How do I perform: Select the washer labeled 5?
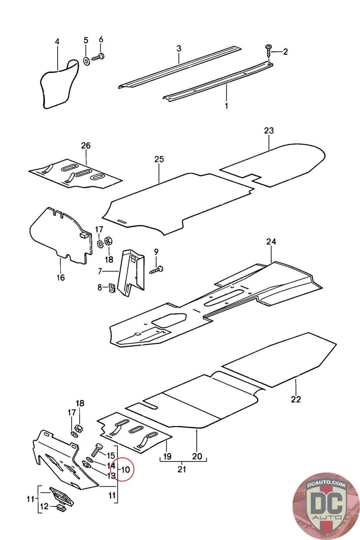(x=86, y=61)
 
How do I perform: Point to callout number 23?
(x=269, y=130)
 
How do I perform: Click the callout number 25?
(x=159, y=159)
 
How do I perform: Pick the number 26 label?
(x=86, y=145)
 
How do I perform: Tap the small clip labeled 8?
(x=112, y=287)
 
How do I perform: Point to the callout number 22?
(x=296, y=399)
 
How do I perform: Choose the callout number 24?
(x=271, y=241)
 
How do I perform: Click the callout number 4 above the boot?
(x=57, y=42)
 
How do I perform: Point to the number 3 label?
(x=178, y=49)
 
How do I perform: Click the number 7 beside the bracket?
(x=100, y=271)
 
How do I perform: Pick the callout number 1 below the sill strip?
(x=226, y=106)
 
